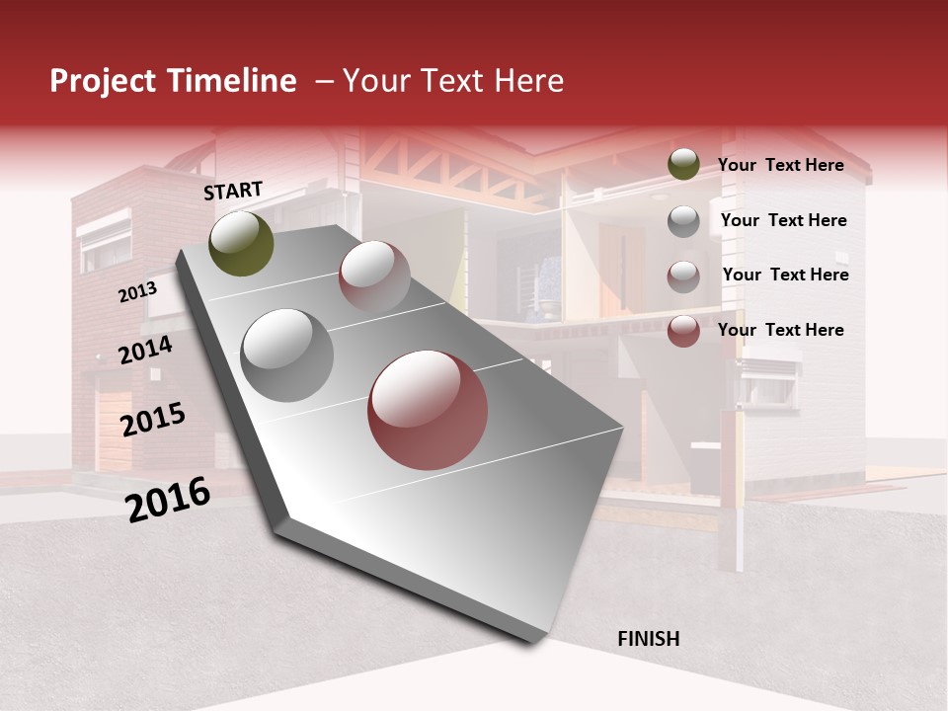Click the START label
pyautogui.click(x=233, y=191)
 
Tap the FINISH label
pyautogui.click(x=648, y=639)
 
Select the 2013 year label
pyautogui.click(x=137, y=291)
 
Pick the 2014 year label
pyautogui.click(x=146, y=350)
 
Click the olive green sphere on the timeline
pyautogui.click(x=241, y=243)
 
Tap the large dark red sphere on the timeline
pyautogui.click(x=428, y=409)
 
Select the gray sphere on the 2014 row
pyautogui.click(x=287, y=355)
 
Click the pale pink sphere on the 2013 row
pyautogui.click(x=374, y=276)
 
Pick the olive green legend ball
pyautogui.click(x=683, y=165)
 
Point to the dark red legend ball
pyautogui.click(x=683, y=331)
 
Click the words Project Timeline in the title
pyautogui.click(x=173, y=81)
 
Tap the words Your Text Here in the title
pyautogui.click(x=453, y=81)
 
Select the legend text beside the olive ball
pyautogui.click(x=780, y=165)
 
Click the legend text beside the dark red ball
pyautogui.click(x=780, y=330)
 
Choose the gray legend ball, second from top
pyautogui.click(x=683, y=221)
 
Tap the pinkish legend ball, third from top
pyautogui.click(x=683, y=276)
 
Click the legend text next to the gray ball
pyautogui.click(x=783, y=220)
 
